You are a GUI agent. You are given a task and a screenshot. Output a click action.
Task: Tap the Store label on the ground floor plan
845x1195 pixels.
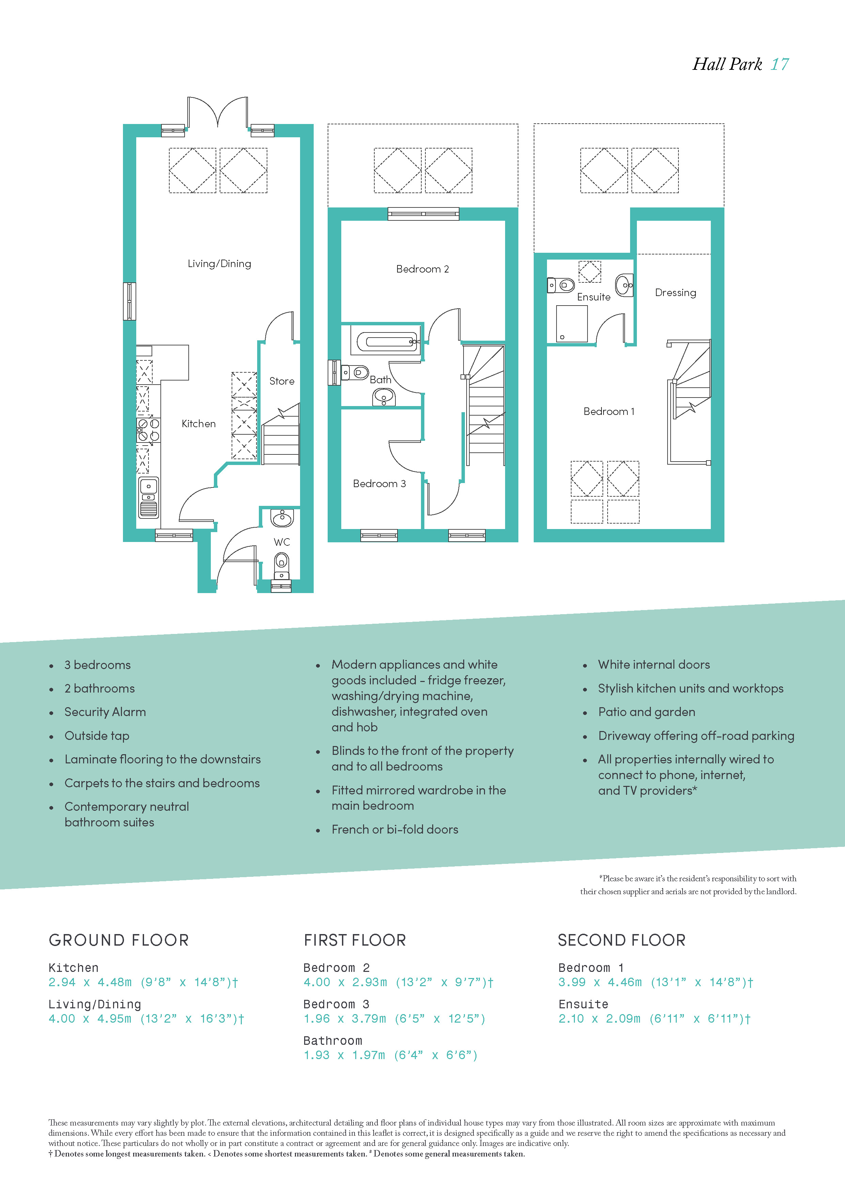pyautogui.click(x=281, y=381)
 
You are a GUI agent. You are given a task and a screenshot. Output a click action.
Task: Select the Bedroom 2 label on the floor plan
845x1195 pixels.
pyautogui.click(x=422, y=269)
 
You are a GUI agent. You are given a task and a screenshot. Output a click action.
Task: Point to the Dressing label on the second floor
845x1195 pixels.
pyautogui.click(x=675, y=293)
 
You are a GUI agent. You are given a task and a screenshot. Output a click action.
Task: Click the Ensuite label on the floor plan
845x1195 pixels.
pyautogui.click(x=594, y=297)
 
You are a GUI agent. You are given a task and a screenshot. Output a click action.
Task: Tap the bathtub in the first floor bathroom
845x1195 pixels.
pyautogui.click(x=385, y=341)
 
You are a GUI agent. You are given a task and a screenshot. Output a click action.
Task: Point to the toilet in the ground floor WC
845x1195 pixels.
pyautogui.click(x=281, y=565)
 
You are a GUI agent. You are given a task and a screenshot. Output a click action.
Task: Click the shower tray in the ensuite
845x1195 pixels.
pyautogui.click(x=572, y=324)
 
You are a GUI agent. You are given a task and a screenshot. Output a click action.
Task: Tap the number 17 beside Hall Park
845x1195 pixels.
pyautogui.click(x=780, y=64)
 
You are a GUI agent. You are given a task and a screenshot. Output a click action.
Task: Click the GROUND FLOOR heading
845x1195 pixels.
pyautogui.click(x=119, y=940)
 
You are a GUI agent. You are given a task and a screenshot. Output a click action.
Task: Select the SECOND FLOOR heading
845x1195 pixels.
pyautogui.click(x=622, y=940)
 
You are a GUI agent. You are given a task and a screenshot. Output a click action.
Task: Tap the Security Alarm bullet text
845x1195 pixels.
pyautogui.click(x=105, y=712)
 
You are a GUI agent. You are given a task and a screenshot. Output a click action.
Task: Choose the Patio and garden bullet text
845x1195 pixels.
pyautogui.click(x=647, y=712)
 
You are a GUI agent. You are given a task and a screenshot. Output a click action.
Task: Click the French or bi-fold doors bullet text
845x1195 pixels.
pyautogui.click(x=395, y=829)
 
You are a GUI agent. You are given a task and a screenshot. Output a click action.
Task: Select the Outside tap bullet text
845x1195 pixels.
pyautogui.click(x=97, y=736)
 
